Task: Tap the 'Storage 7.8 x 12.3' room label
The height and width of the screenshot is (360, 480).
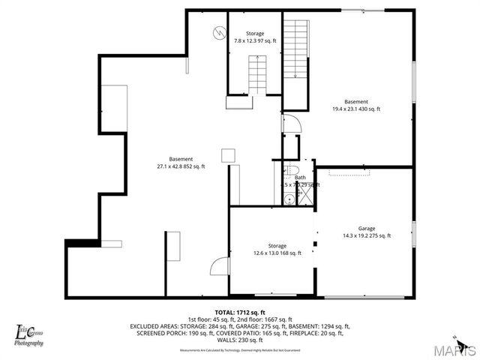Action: pos(255,37)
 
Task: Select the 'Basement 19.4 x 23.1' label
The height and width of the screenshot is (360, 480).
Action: pos(355,106)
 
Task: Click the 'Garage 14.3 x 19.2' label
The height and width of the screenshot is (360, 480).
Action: pos(366,232)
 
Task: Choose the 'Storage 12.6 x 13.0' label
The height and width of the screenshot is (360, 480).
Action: pos(277,250)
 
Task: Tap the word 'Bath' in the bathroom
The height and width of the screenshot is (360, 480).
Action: pos(299,178)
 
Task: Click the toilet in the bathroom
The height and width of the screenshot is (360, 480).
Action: pos(293,168)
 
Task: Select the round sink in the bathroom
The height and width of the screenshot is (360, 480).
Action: pos(288,199)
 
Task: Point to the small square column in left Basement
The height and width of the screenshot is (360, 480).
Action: pos(228,155)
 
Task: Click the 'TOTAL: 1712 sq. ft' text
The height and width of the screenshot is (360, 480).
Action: pos(240,312)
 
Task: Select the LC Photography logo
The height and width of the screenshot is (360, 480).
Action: pos(28,334)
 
